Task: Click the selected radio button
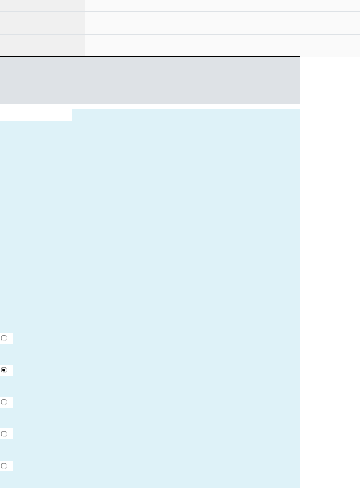point(4,370)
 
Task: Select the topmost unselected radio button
point(4,339)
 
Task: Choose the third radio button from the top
point(4,402)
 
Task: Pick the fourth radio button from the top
point(4,434)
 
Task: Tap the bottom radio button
point(4,466)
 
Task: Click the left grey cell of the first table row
point(42,6)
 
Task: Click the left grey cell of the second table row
point(42,17)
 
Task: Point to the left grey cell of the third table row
point(42,29)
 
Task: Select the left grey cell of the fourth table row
point(42,40)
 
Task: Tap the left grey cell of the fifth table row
point(42,51)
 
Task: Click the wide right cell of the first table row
point(222,6)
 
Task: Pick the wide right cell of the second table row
point(222,17)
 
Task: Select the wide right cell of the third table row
point(222,29)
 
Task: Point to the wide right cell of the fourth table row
point(222,40)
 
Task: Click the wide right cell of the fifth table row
point(222,51)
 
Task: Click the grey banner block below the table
point(150,80)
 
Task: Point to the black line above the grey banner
point(150,57)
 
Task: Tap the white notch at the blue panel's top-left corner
point(36,115)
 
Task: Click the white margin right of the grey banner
point(330,80)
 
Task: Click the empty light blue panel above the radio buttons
point(150,222)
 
